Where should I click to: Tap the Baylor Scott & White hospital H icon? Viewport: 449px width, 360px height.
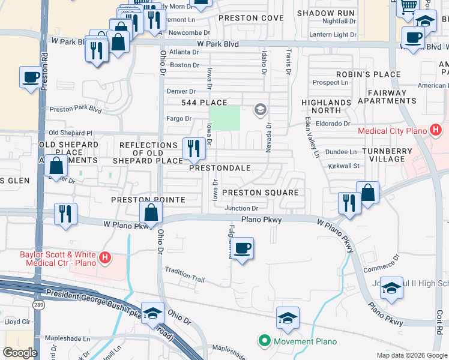(x=105, y=259)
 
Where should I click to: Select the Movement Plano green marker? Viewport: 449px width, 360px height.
(x=264, y=341)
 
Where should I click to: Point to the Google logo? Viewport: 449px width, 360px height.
(x=20, y=353)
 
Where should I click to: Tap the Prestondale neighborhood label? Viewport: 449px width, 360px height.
(x=220, y=168)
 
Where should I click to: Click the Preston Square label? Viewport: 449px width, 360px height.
(x=260, y=193)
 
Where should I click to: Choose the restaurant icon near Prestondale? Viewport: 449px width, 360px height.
(x=192, y=148)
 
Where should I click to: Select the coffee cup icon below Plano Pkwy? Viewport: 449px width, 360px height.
(x=242, y=248)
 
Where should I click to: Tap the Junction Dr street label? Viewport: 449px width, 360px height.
(x=241, y=208)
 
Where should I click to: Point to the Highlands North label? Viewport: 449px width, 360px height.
(x=326, y=106)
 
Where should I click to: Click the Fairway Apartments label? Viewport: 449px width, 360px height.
(x=387, y=97)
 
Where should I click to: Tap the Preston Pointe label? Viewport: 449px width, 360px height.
(x=138, y=199)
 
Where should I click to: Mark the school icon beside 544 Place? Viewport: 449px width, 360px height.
(x=260, y=109)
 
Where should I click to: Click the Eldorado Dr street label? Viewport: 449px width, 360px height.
(x=336, y=124)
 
